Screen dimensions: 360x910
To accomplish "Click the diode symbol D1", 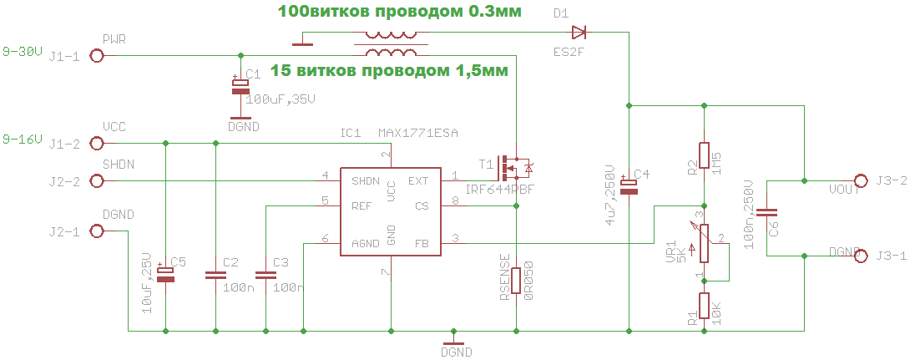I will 579,33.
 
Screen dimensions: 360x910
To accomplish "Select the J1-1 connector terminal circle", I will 97,56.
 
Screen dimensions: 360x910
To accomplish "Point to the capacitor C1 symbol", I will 240,86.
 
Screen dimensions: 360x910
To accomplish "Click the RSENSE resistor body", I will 517,281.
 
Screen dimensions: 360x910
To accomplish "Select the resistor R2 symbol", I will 704,155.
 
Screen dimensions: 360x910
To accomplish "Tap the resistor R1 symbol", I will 704,306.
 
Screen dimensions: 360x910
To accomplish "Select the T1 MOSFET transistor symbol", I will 511,168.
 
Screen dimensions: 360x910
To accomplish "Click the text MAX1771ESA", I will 418,133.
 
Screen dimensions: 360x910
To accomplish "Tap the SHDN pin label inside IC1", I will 366,181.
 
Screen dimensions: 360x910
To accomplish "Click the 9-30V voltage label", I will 22,50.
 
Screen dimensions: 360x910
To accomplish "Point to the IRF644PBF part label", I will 499,190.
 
